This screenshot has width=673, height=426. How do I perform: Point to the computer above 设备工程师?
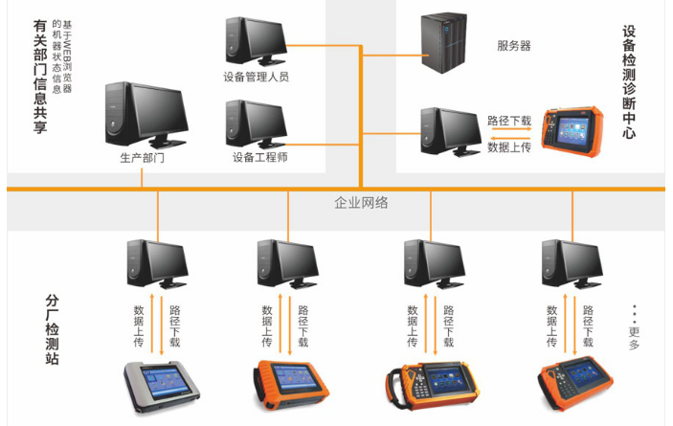(x=255, y=123)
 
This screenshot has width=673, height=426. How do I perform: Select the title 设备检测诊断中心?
(x=629, y=84)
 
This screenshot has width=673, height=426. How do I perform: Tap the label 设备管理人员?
(x=256, y=77)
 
